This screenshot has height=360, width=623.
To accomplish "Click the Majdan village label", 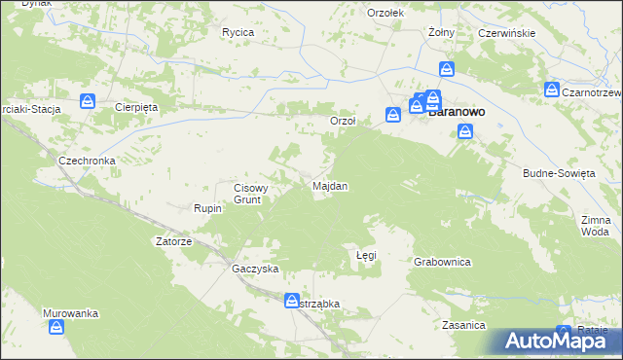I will click(329, 185).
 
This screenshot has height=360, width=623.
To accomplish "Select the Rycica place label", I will click(238, 32).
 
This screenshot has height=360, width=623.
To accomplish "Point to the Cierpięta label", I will click(136, 107).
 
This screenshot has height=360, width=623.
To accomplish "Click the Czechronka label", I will click(88, 161).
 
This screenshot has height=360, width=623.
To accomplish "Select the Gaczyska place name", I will click(255, 268).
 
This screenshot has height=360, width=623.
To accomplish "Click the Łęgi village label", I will click(366, 255).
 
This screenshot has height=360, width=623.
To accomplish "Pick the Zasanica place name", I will click(462, 325).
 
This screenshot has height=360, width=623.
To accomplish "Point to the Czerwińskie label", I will click(507, 33).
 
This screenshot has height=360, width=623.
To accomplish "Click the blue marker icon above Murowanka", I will click(55, 328).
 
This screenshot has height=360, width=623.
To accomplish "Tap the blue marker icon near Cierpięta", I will click(87, 100).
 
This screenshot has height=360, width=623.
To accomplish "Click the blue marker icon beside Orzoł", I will click(393, 114).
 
